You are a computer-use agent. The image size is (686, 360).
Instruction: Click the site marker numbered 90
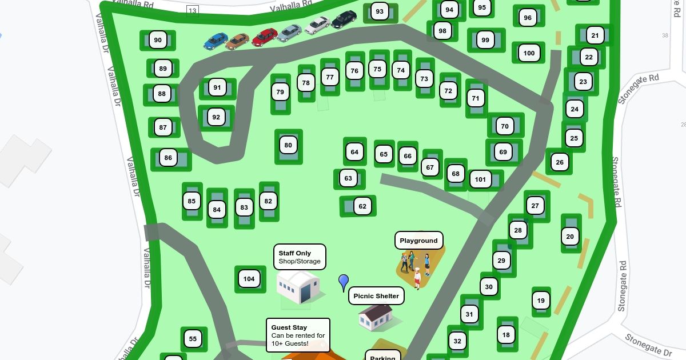point(158,40)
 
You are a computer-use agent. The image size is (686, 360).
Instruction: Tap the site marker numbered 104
point(249,279)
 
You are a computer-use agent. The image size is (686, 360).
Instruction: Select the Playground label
point(418,241)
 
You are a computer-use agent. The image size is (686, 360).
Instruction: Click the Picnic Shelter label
point(376,296)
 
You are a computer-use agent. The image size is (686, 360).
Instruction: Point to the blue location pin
point(344,282)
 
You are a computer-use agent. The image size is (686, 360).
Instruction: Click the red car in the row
point(265,37)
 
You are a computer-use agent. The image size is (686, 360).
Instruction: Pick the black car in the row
point(344,19)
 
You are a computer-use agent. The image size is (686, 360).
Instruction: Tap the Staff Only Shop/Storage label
point(300,257)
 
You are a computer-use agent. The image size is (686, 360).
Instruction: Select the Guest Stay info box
point(298,335)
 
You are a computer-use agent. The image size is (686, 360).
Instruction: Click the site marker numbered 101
point(480,179)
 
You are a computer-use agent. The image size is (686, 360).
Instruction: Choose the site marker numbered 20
point(570,237)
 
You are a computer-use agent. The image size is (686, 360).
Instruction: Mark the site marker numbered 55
point(193,339)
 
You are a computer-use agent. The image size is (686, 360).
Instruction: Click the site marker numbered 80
point(288,145)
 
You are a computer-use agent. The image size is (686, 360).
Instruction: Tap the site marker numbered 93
point(380,11)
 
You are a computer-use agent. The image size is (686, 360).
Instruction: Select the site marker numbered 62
point(362,206)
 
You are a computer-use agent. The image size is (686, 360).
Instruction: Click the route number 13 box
point(192,10)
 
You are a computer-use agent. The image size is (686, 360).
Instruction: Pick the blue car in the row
point(216,41)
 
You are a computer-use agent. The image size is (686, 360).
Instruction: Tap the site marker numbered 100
point(529,53)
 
